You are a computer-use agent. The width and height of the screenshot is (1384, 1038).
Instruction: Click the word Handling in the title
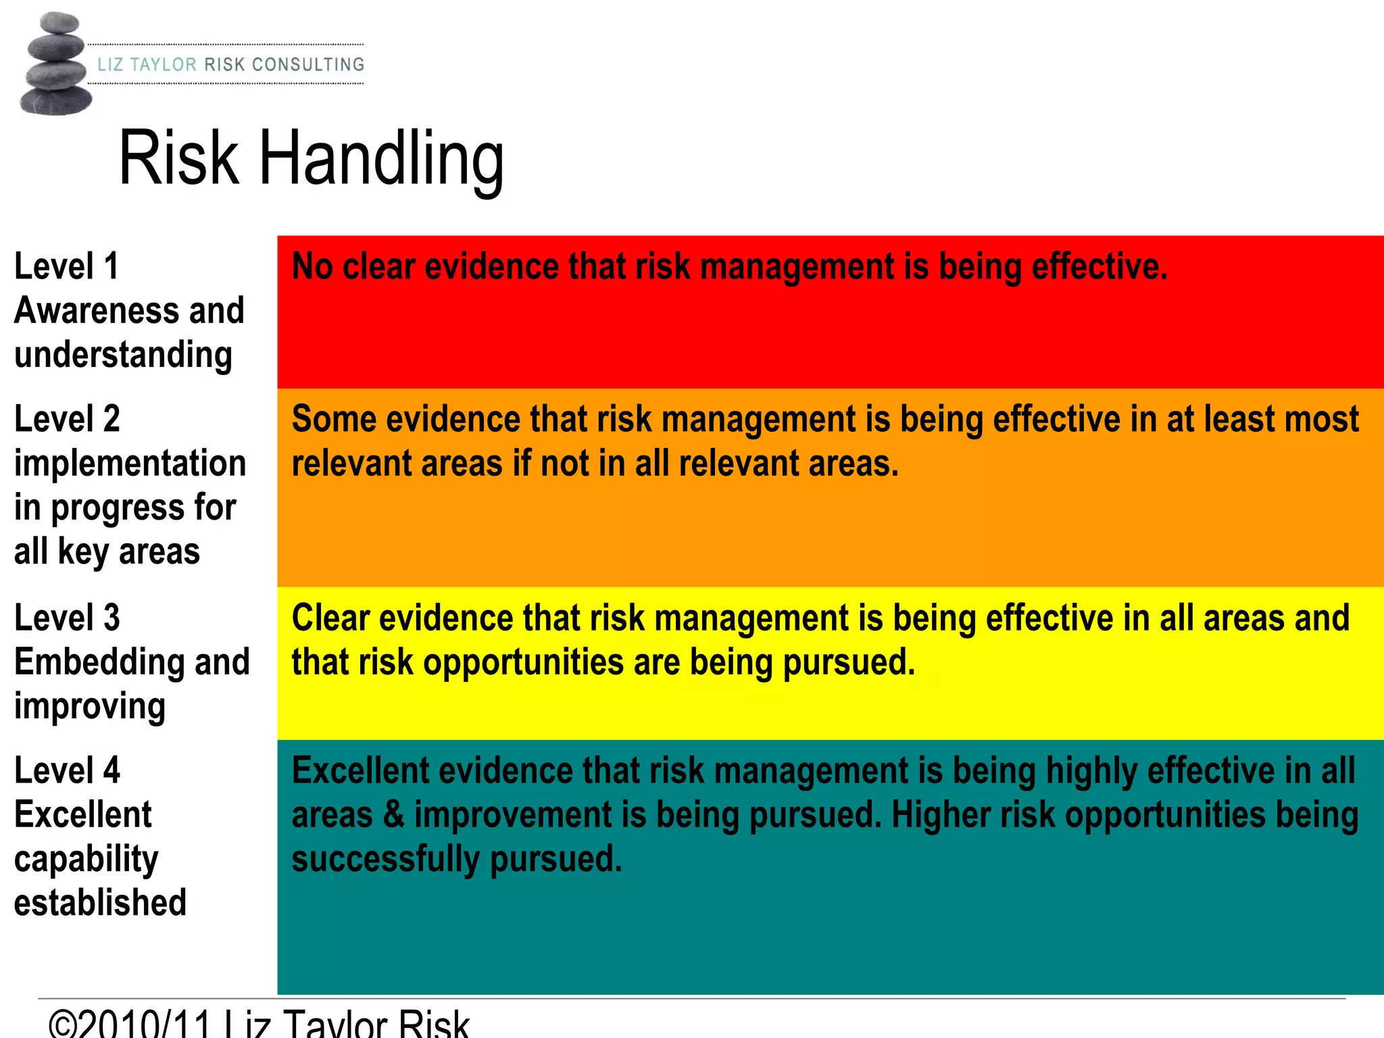[382, 159]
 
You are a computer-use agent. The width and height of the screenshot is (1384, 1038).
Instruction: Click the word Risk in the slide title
[179, 159]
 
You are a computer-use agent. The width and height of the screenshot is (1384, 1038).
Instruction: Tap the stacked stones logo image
[55, 64]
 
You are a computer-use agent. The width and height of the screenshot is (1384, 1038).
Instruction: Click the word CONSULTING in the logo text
[308, 65]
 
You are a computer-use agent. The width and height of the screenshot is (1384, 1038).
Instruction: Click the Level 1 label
[66, 266]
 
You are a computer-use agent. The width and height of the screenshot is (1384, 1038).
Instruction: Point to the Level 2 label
[67, 419]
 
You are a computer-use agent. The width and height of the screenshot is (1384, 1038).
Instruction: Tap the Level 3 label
[67, 618]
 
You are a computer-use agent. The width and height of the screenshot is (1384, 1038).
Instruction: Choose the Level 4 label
[67, 770]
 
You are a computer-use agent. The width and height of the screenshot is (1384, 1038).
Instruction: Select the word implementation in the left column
[130, 464]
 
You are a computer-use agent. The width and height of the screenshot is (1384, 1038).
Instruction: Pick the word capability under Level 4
[86, 860]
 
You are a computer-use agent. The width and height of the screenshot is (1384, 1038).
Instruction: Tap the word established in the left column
[100, 904]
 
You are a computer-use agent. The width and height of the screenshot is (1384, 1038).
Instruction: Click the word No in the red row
[312, 266]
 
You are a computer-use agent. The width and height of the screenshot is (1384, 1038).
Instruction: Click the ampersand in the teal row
[393, 815]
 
